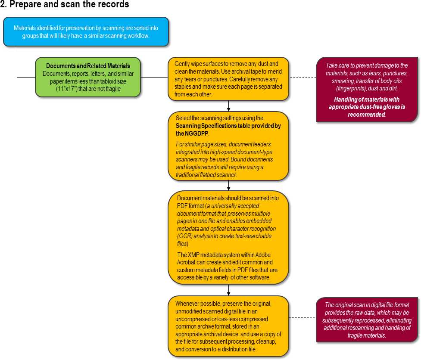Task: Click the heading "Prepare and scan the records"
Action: [69, 4]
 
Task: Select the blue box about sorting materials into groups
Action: [86, 32]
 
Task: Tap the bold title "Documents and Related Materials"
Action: [88, 66]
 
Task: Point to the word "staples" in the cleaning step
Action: [183, 87]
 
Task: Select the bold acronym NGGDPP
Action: [196, 133]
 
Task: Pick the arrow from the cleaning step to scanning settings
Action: [228, 106]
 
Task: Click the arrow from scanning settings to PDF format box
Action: [228, 185]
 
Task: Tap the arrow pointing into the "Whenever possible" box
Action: [228, 290]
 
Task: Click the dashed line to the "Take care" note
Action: [302, 77]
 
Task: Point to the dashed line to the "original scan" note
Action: [302, 318]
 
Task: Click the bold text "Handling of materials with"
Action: [367, 99]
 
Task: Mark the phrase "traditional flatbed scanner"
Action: [206, 175]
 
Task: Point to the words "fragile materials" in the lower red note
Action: [367, 335]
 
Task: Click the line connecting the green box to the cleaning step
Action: [154, 77]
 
